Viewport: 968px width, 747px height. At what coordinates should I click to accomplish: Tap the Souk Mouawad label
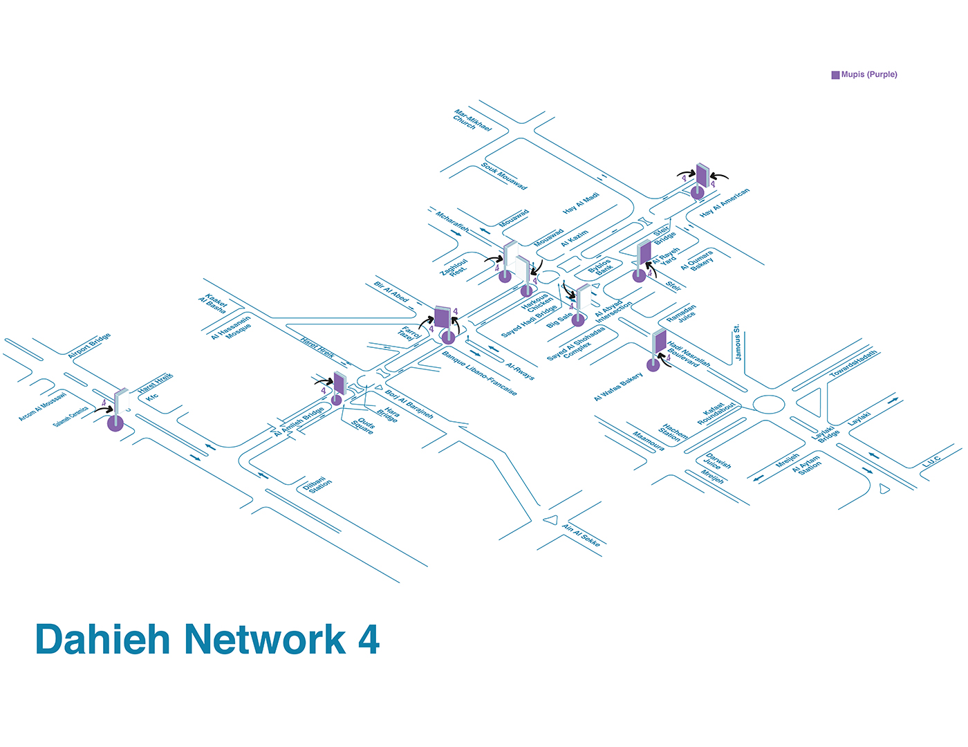(x=504, y=176)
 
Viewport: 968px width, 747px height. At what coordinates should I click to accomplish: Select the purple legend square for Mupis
(x=835, y=75)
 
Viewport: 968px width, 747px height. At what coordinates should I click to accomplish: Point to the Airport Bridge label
(x=89, y=346)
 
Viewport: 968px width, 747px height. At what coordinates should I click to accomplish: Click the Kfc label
(x=152, y=397)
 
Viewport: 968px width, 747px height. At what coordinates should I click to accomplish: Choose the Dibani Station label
(x=317, y=484)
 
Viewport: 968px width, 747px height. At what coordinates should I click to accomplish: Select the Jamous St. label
(x=738, y=342)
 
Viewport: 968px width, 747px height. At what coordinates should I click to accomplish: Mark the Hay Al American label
(x=724, y=203)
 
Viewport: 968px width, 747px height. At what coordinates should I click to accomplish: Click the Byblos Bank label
(x=600, y=268)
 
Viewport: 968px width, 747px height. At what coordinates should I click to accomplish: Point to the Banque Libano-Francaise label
(x=479, y=373)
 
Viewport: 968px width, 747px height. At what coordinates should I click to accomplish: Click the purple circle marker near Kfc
(x=115, y=423)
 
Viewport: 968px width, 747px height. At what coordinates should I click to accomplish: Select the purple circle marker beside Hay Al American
(x=698, y=192)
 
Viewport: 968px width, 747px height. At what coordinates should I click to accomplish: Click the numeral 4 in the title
(x=369, y=639)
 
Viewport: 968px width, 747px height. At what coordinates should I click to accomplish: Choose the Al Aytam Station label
(x=808, y=464)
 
